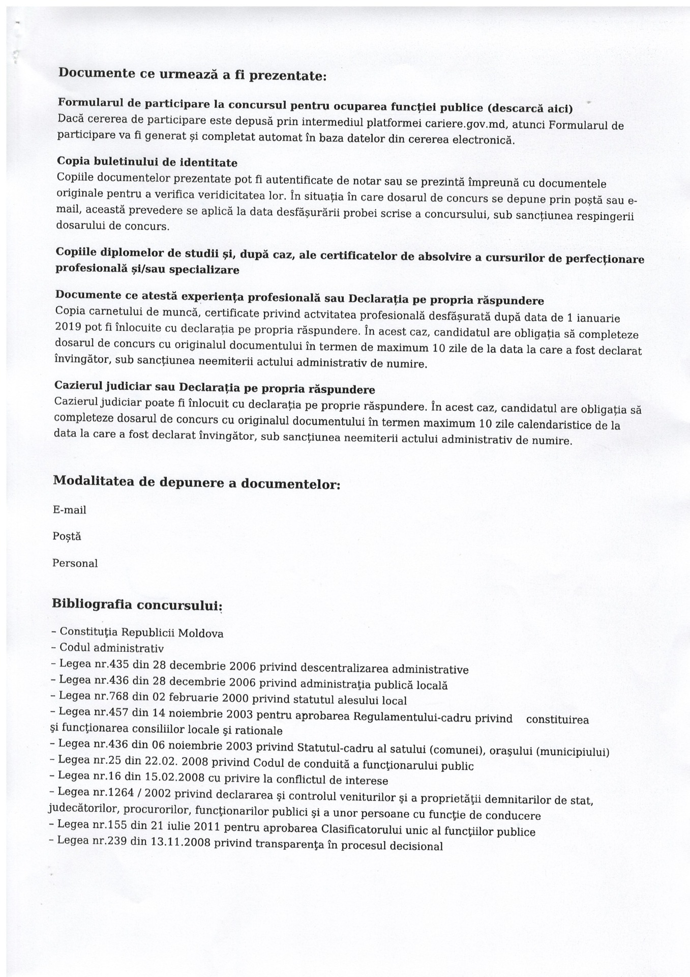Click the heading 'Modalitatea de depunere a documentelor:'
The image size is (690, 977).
[x=196, y=482]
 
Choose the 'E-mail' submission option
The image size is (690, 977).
[x=70, y=510]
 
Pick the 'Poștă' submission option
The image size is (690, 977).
[x=67, y=536]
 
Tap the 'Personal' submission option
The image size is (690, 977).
[x=75, y=563]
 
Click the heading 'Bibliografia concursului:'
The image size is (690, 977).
[x=137, y=605]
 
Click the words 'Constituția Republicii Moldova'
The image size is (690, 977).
[x=141, y=633]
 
